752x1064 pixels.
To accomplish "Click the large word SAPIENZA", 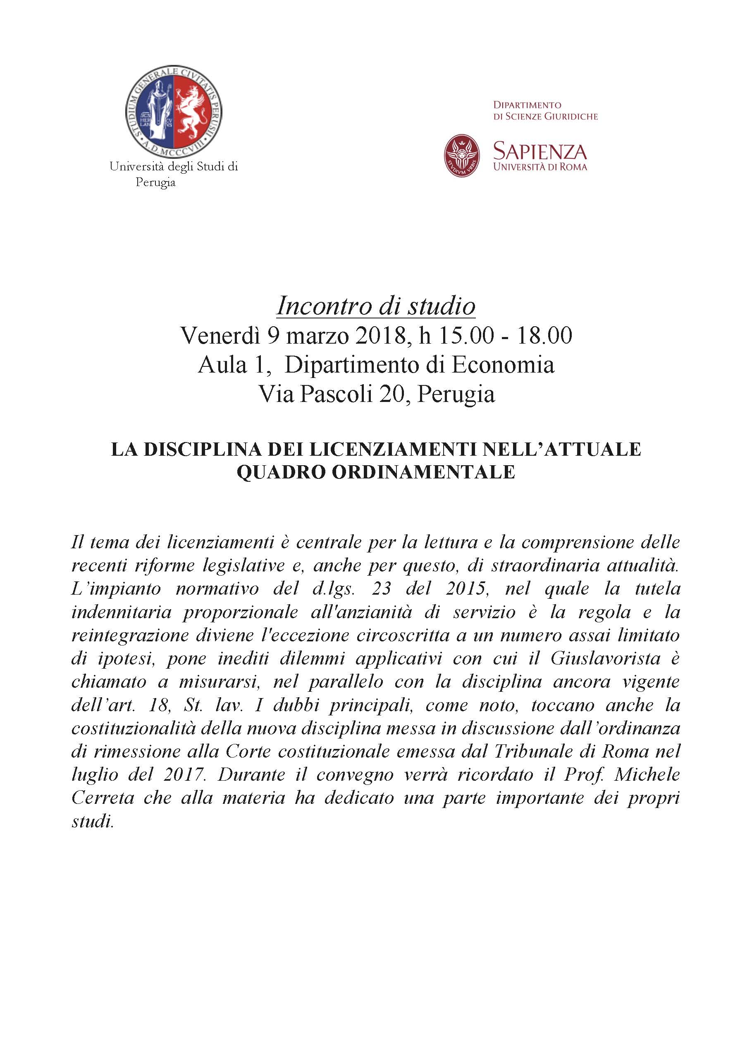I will [x=540, y=151].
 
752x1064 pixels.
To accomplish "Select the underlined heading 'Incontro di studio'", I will [x=376, y=306].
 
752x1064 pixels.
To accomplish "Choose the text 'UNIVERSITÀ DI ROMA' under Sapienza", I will [x=540, y=167].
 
